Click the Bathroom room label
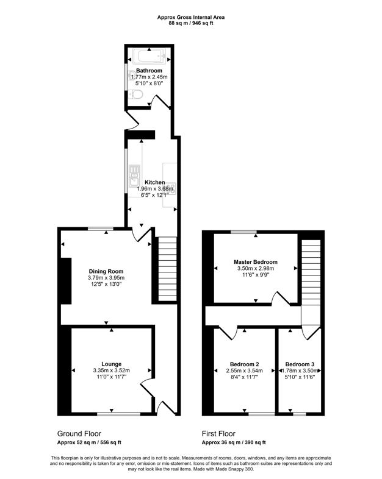(149, 71)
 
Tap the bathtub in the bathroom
(150, 56)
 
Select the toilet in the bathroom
(136, 94)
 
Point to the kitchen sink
(134, 175)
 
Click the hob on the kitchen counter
(171, 189)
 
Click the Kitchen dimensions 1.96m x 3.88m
(155, 189)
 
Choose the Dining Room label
(106, 271)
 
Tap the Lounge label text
(111, 364)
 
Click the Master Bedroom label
(256, 262)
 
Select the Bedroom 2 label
(244, 364)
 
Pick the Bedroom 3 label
(300, 364)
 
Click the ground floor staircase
(167, 269)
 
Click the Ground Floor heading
(79, 433)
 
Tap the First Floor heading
(218, 433)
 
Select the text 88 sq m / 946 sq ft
(191, 23)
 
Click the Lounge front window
(118, 414)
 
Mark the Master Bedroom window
(243, 232)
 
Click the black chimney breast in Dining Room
(66, 281)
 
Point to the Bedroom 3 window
(300, 414)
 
